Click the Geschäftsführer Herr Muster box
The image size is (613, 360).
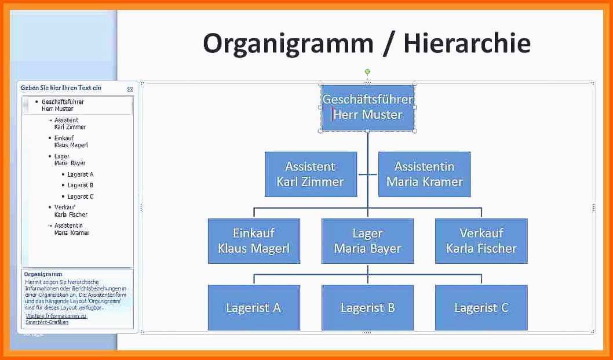tap(367, 107)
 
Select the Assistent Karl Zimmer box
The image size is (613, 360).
tap(311, 174)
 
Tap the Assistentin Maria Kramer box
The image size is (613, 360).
tap(424, 174)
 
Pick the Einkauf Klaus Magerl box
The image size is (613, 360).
tap(254, 241)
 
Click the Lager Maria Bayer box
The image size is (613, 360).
tap(367, 241)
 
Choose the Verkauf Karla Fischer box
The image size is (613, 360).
tap(481, 241)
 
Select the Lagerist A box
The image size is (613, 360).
tap(254, 308)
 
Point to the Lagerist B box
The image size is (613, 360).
tap(367, 308)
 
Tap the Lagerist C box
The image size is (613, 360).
tap(481, 308)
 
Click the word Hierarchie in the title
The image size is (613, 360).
tap(467, 43)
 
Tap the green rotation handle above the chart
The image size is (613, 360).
tap(367, 72)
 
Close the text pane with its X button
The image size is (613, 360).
tap(130, 89)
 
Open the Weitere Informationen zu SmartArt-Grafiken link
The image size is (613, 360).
tap(56, 319)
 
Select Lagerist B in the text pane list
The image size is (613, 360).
tap(80, 186)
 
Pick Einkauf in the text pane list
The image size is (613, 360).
tap(64, 138)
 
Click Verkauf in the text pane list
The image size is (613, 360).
tap(65, 207)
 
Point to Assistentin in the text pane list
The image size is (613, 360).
tap(68, 226)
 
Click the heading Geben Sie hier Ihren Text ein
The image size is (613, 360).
tap(61, 88)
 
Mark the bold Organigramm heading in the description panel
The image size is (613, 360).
tap(43, 274)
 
